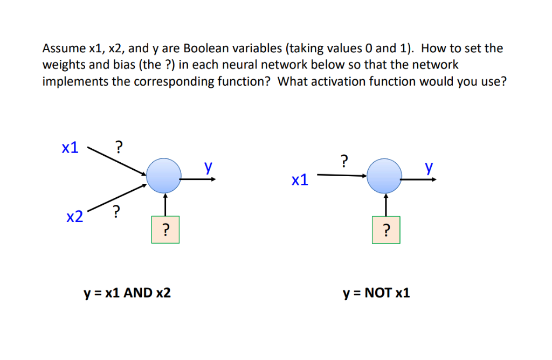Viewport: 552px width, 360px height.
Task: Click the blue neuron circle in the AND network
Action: [164, 176]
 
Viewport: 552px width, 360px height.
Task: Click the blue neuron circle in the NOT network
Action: [384, 176]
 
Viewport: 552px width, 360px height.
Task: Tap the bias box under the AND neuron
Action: [165, 230]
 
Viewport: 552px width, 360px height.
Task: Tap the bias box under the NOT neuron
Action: [385, 230]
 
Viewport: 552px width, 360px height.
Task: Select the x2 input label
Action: [75, 217]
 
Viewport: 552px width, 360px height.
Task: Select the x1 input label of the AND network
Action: [71, 148]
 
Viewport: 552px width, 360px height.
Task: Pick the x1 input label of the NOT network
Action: [300, 179]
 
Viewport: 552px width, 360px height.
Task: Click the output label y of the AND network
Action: [208, 168]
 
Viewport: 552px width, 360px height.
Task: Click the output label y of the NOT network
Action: [429, 168]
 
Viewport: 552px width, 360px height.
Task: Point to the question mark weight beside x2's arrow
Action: [116, 212]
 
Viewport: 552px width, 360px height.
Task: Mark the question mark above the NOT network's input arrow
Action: [344, 160]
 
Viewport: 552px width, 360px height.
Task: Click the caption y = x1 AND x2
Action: [127, 293]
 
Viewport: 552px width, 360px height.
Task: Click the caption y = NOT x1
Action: [376, 293]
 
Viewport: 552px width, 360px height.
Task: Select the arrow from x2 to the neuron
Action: [116, 197]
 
